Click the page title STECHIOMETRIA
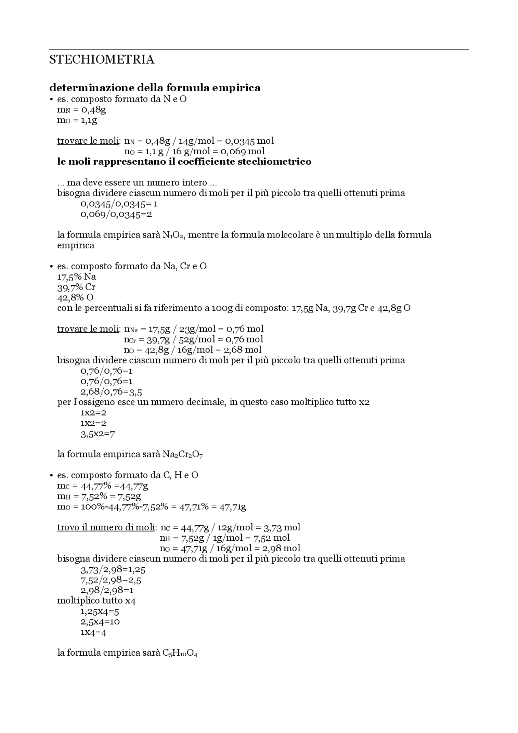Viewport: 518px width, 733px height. pos(102,59)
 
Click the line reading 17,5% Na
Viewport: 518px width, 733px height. pos(76,277)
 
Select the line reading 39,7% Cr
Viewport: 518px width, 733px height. pos(76,287)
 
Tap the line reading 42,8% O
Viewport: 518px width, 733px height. pos(75,297)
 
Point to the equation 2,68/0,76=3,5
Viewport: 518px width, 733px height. pos(111,392)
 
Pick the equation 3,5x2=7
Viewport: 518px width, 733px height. pos(98,434)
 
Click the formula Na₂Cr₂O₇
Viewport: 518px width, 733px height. pos(183,455)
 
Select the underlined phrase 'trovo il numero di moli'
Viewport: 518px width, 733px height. pos(106,527)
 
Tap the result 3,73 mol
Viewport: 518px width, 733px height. pos(282,527)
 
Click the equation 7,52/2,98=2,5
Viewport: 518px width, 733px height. pos(111,580)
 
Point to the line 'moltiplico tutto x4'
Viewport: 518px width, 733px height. pos(96,601)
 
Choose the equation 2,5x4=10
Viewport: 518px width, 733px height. pos(100,622)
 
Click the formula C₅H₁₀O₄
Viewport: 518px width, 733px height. pos(180,653)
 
